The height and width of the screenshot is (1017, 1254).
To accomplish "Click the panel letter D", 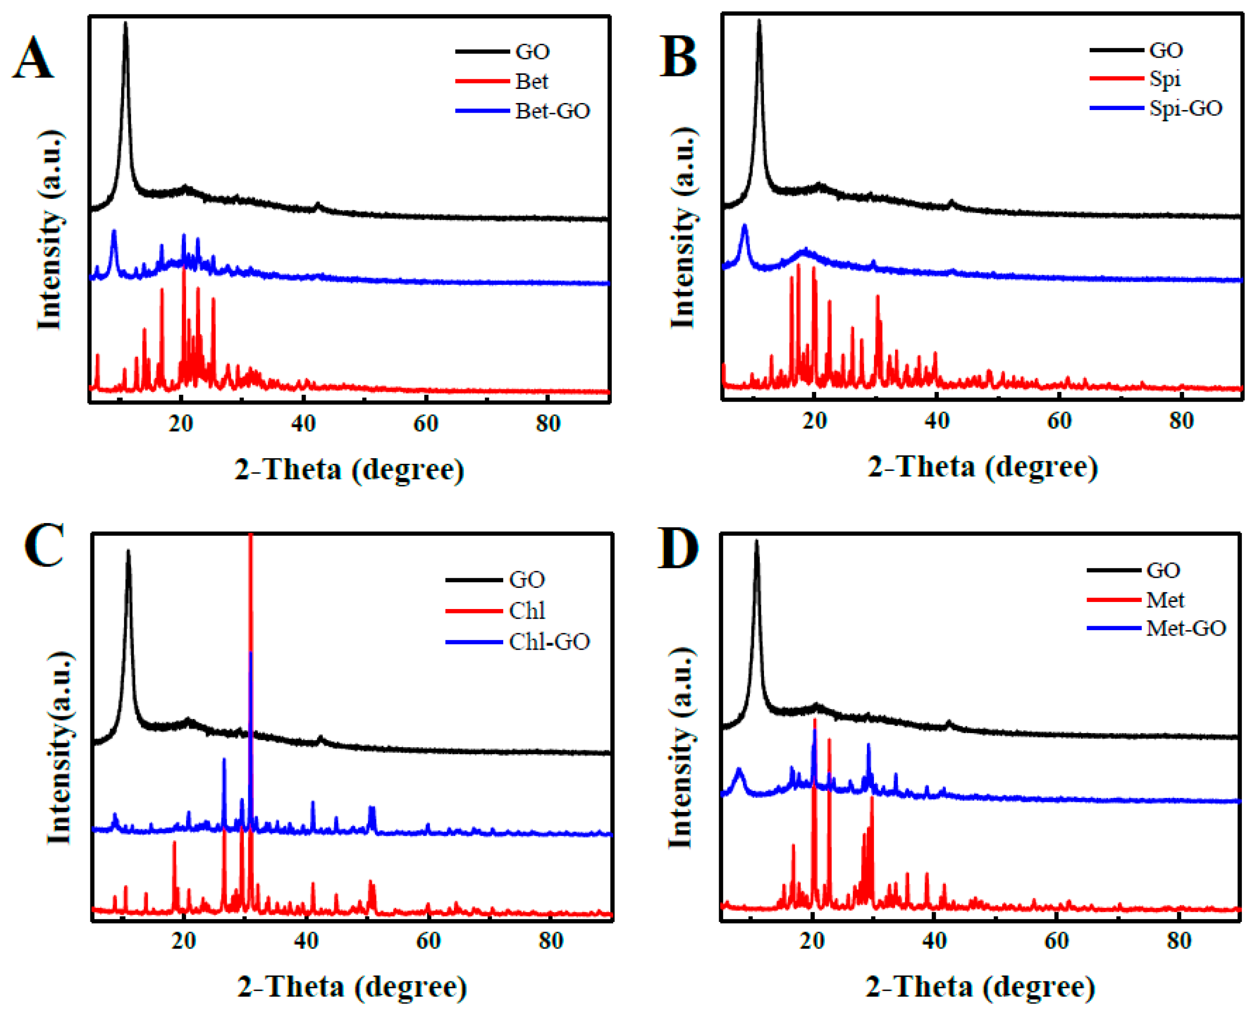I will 678,548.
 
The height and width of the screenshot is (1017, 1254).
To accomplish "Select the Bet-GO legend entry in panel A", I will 552,111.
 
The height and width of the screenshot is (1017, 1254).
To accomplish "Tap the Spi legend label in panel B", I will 1165,78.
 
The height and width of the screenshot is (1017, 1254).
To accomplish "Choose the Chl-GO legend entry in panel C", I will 549,642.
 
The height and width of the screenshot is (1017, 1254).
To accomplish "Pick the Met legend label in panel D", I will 1165,600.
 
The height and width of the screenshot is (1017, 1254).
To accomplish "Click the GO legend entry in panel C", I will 527,580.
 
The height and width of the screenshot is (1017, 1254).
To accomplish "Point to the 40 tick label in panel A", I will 303,423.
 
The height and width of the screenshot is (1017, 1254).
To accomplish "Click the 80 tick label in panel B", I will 1181,421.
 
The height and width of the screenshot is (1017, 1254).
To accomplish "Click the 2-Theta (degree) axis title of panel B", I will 983,467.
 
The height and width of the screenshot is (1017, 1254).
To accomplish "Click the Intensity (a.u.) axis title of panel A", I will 50,230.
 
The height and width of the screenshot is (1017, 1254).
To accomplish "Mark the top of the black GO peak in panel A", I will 125,24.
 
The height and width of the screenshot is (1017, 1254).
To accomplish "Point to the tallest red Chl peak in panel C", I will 250,536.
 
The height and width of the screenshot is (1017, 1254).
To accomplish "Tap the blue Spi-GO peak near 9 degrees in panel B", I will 745,226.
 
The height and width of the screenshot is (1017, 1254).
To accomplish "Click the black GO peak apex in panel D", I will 756,542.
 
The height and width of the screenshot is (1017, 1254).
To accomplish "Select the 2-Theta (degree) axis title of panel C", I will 352,988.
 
